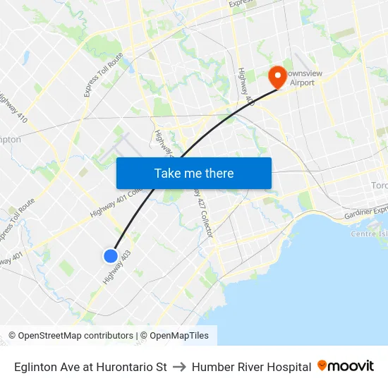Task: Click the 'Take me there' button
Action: pyautogui.click(x=193, y=173)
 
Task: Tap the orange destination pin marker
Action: pyautogui.click(x=276, y=76)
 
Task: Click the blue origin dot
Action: pyautogui.click(x=111, y=256)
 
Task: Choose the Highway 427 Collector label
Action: pyautogui.click(x=201, y=212)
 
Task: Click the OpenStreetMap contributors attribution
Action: pyautogui.click(x=71, y=336)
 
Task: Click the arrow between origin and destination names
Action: pyautogui.click(x=179, y=367)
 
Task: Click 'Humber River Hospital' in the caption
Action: pyautogui.click(x=251, y=367)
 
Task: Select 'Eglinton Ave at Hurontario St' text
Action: pyautogui.click(x=90, y=367)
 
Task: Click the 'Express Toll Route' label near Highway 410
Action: pyautogui.click(x=103, y=75)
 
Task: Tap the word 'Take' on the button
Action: pyautogui.click(x=168, y=173)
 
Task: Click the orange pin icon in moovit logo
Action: pyautogui.click(x=322, y=365)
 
